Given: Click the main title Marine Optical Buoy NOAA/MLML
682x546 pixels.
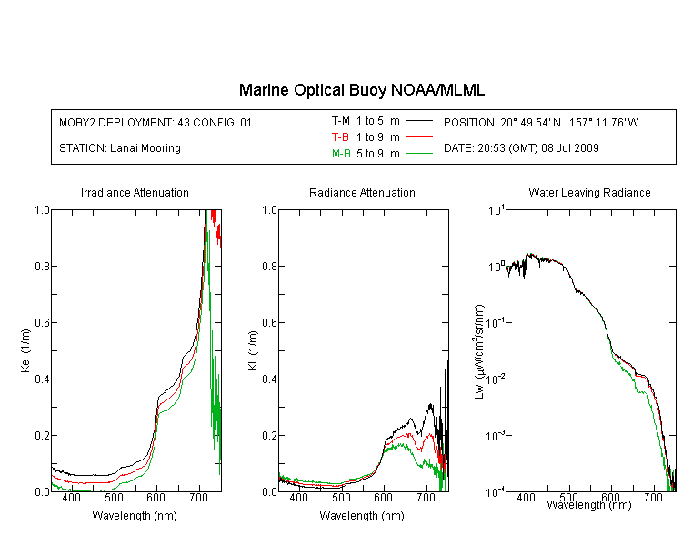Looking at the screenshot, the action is point(361,90).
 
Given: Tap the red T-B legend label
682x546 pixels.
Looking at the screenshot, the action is point(340,137).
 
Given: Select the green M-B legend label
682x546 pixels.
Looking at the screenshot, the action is point(341,154).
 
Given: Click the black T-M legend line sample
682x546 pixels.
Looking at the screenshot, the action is point(419,121).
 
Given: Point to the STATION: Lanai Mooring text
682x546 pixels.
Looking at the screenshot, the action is point(120,148).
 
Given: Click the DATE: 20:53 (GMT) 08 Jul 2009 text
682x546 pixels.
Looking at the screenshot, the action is point(521,148).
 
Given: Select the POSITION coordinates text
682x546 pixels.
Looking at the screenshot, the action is point(541,123).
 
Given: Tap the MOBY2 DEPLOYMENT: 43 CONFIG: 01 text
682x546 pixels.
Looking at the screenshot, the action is point(155,123).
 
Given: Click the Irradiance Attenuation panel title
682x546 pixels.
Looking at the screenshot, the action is point(135,192).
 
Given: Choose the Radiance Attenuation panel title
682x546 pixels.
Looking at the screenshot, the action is point(362,192).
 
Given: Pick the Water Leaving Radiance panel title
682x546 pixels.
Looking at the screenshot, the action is point(589,192).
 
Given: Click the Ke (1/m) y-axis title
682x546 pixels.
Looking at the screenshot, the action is point(25,350).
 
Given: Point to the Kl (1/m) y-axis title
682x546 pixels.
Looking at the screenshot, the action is point(253,350).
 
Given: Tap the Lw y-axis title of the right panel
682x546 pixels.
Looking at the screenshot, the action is point(479,351).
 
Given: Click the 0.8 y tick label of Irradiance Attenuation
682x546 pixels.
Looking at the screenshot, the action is point(43,266).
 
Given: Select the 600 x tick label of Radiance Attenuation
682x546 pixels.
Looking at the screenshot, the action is point(383,497).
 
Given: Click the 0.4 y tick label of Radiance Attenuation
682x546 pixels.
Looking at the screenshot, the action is point(270,379).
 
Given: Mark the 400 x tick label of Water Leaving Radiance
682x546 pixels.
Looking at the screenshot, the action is point(527,497).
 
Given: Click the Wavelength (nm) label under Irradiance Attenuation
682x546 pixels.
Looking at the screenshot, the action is point(135,516).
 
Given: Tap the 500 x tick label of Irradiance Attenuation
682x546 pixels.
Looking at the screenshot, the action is point(114,497).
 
